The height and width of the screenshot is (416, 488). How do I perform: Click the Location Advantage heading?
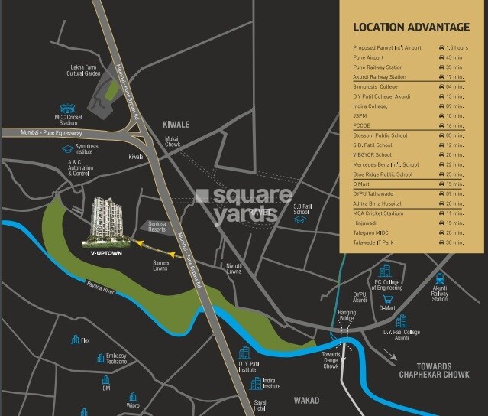(411, 28)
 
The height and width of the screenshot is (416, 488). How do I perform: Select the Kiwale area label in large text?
(176, 123)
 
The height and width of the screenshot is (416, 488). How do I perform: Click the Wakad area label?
(305, 400)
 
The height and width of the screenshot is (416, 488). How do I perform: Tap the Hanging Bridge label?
(347, 316)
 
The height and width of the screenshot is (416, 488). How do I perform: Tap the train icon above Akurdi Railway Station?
(440, 279)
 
